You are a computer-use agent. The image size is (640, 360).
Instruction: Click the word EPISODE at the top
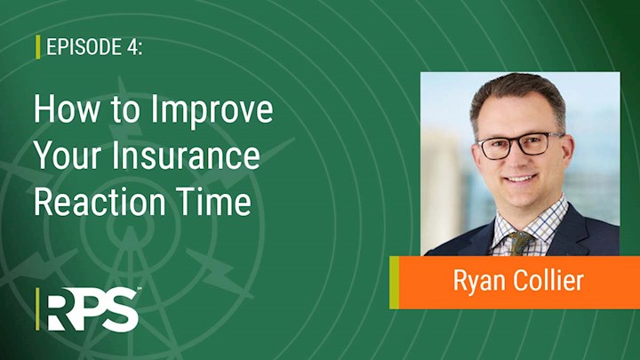click(x=80, y=47)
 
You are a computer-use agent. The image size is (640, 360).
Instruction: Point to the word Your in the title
click(x=68, y=156)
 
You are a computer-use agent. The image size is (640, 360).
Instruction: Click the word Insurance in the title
click(x=185, y=156)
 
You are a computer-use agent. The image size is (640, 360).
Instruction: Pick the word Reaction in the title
click(x=100, y=202)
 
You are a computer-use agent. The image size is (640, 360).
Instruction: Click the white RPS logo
click(x=92, y=309)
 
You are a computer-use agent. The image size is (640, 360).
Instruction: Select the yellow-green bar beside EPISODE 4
click(x=38, y=47)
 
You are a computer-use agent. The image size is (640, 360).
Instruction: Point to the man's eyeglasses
click(x=521, y=145)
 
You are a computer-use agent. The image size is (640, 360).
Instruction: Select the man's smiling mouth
click(x=520, y=179)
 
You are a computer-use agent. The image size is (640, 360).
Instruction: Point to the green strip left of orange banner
click(x=395, y=283)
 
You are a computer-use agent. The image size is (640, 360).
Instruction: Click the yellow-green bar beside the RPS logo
click(x=37, y=309)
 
